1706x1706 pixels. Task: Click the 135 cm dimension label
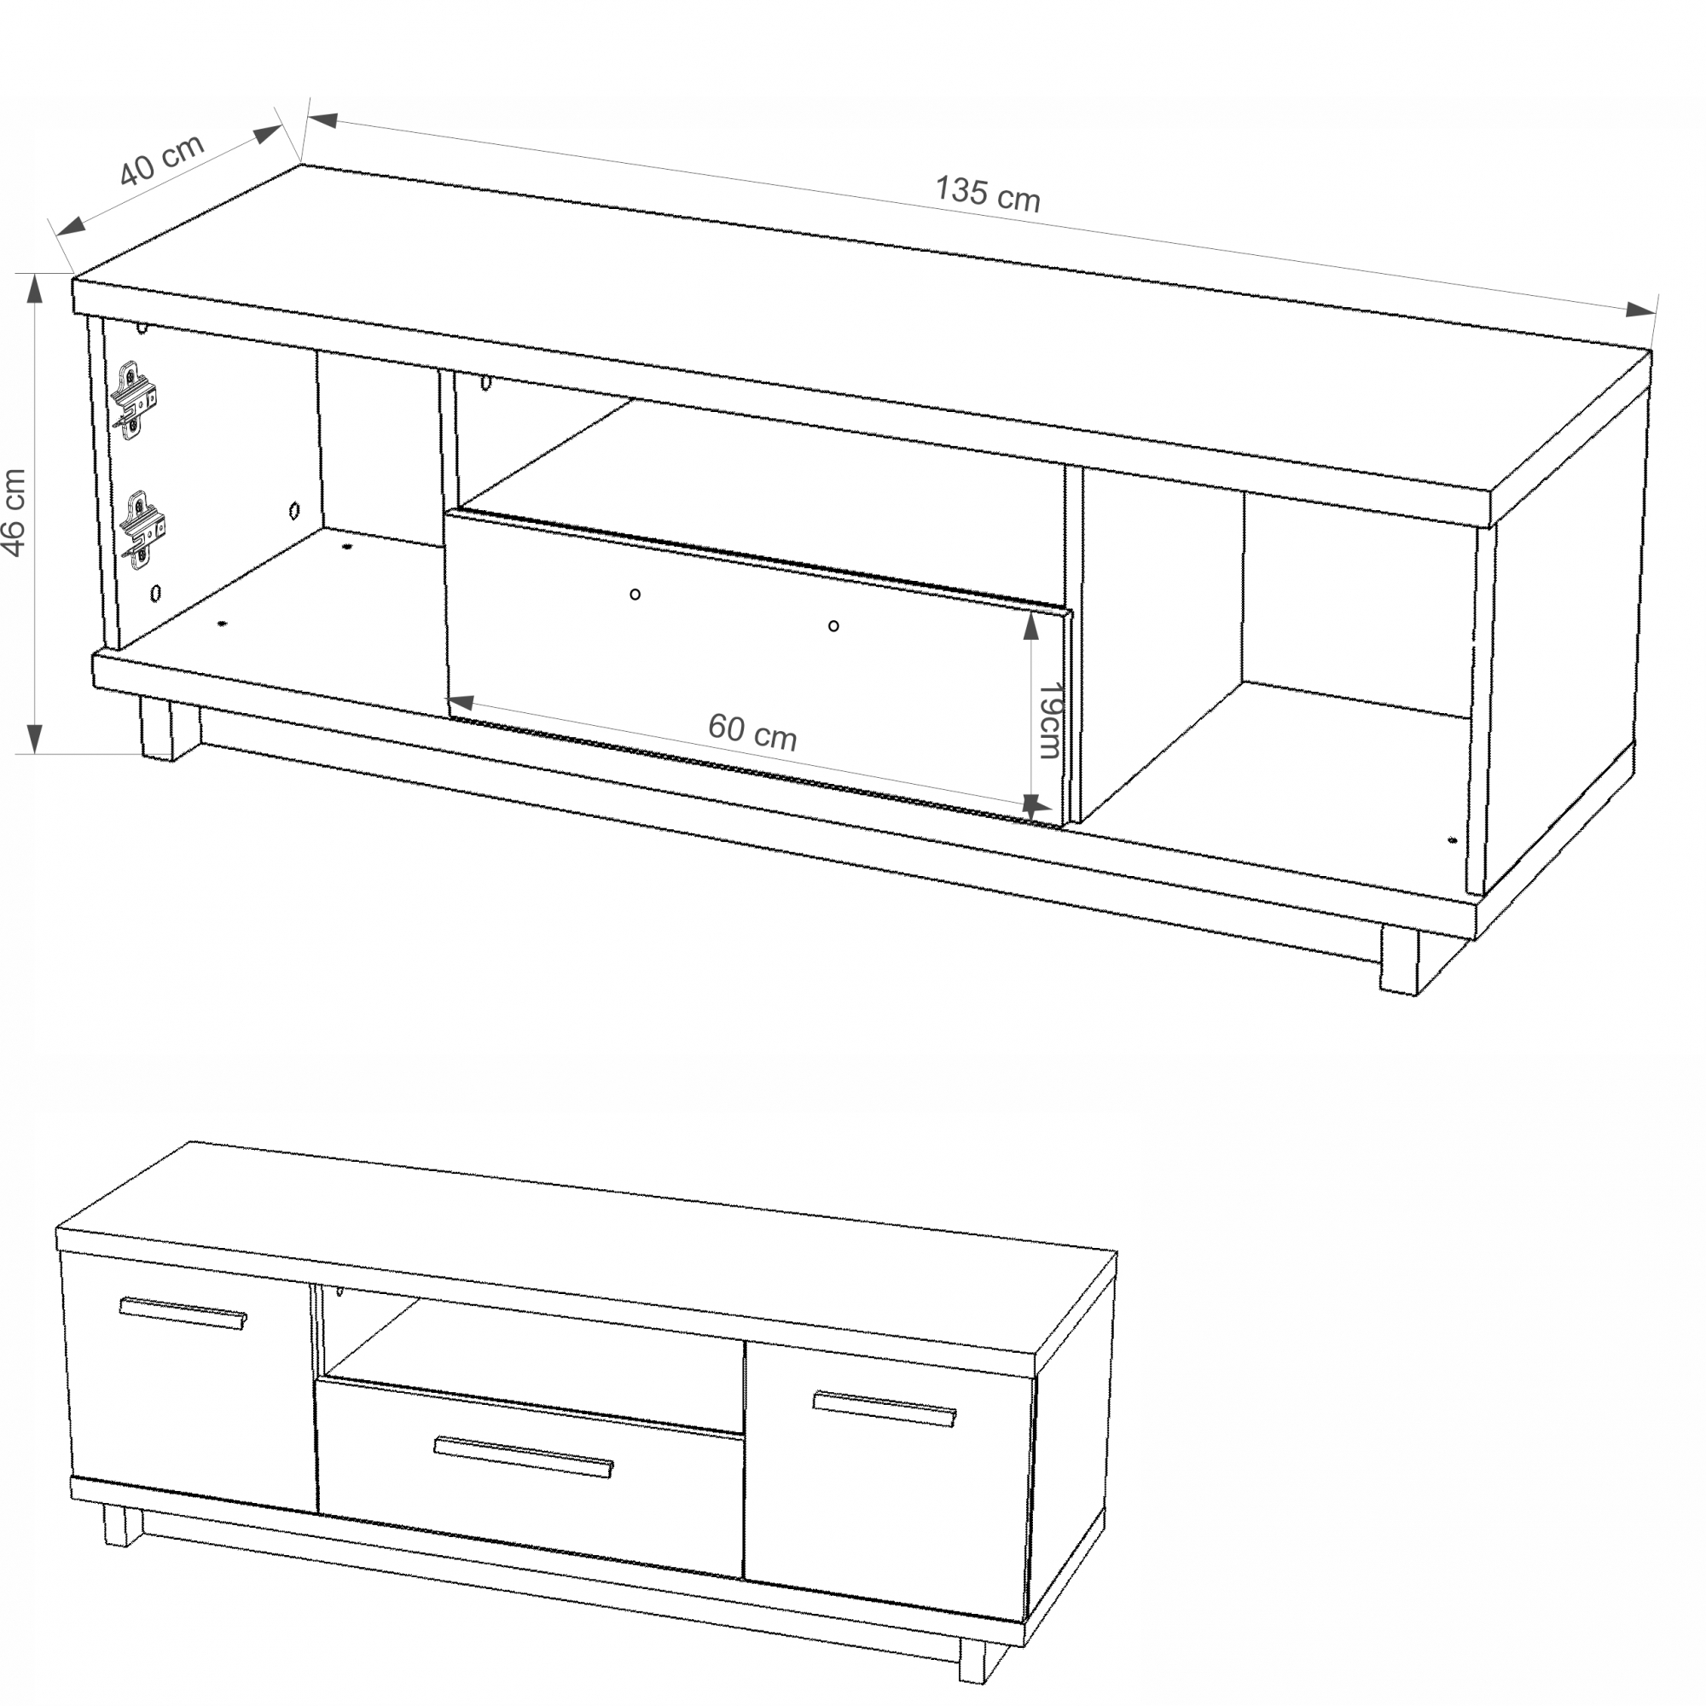[x=987, y=194]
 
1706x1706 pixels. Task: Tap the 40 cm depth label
[x=161, y=160]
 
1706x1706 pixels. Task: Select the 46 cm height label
[x=15, y=513]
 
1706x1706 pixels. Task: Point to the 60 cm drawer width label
[x=752, y=731]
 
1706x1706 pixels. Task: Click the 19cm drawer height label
[x=1048, y=720]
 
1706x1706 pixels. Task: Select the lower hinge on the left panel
[x=142, y=530]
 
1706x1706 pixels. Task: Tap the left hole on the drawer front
[x=635, y=595]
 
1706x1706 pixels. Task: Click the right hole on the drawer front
[x=833, y=626]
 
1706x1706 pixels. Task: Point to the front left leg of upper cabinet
[x=170, y=729]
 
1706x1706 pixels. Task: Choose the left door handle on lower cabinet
[x=183, y=1312]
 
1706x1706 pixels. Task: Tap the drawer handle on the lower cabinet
[x=524, y=1456]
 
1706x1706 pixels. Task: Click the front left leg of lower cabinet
[x=123, y=1526]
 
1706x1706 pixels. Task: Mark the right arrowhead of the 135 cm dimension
[x=1641, y=309]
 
